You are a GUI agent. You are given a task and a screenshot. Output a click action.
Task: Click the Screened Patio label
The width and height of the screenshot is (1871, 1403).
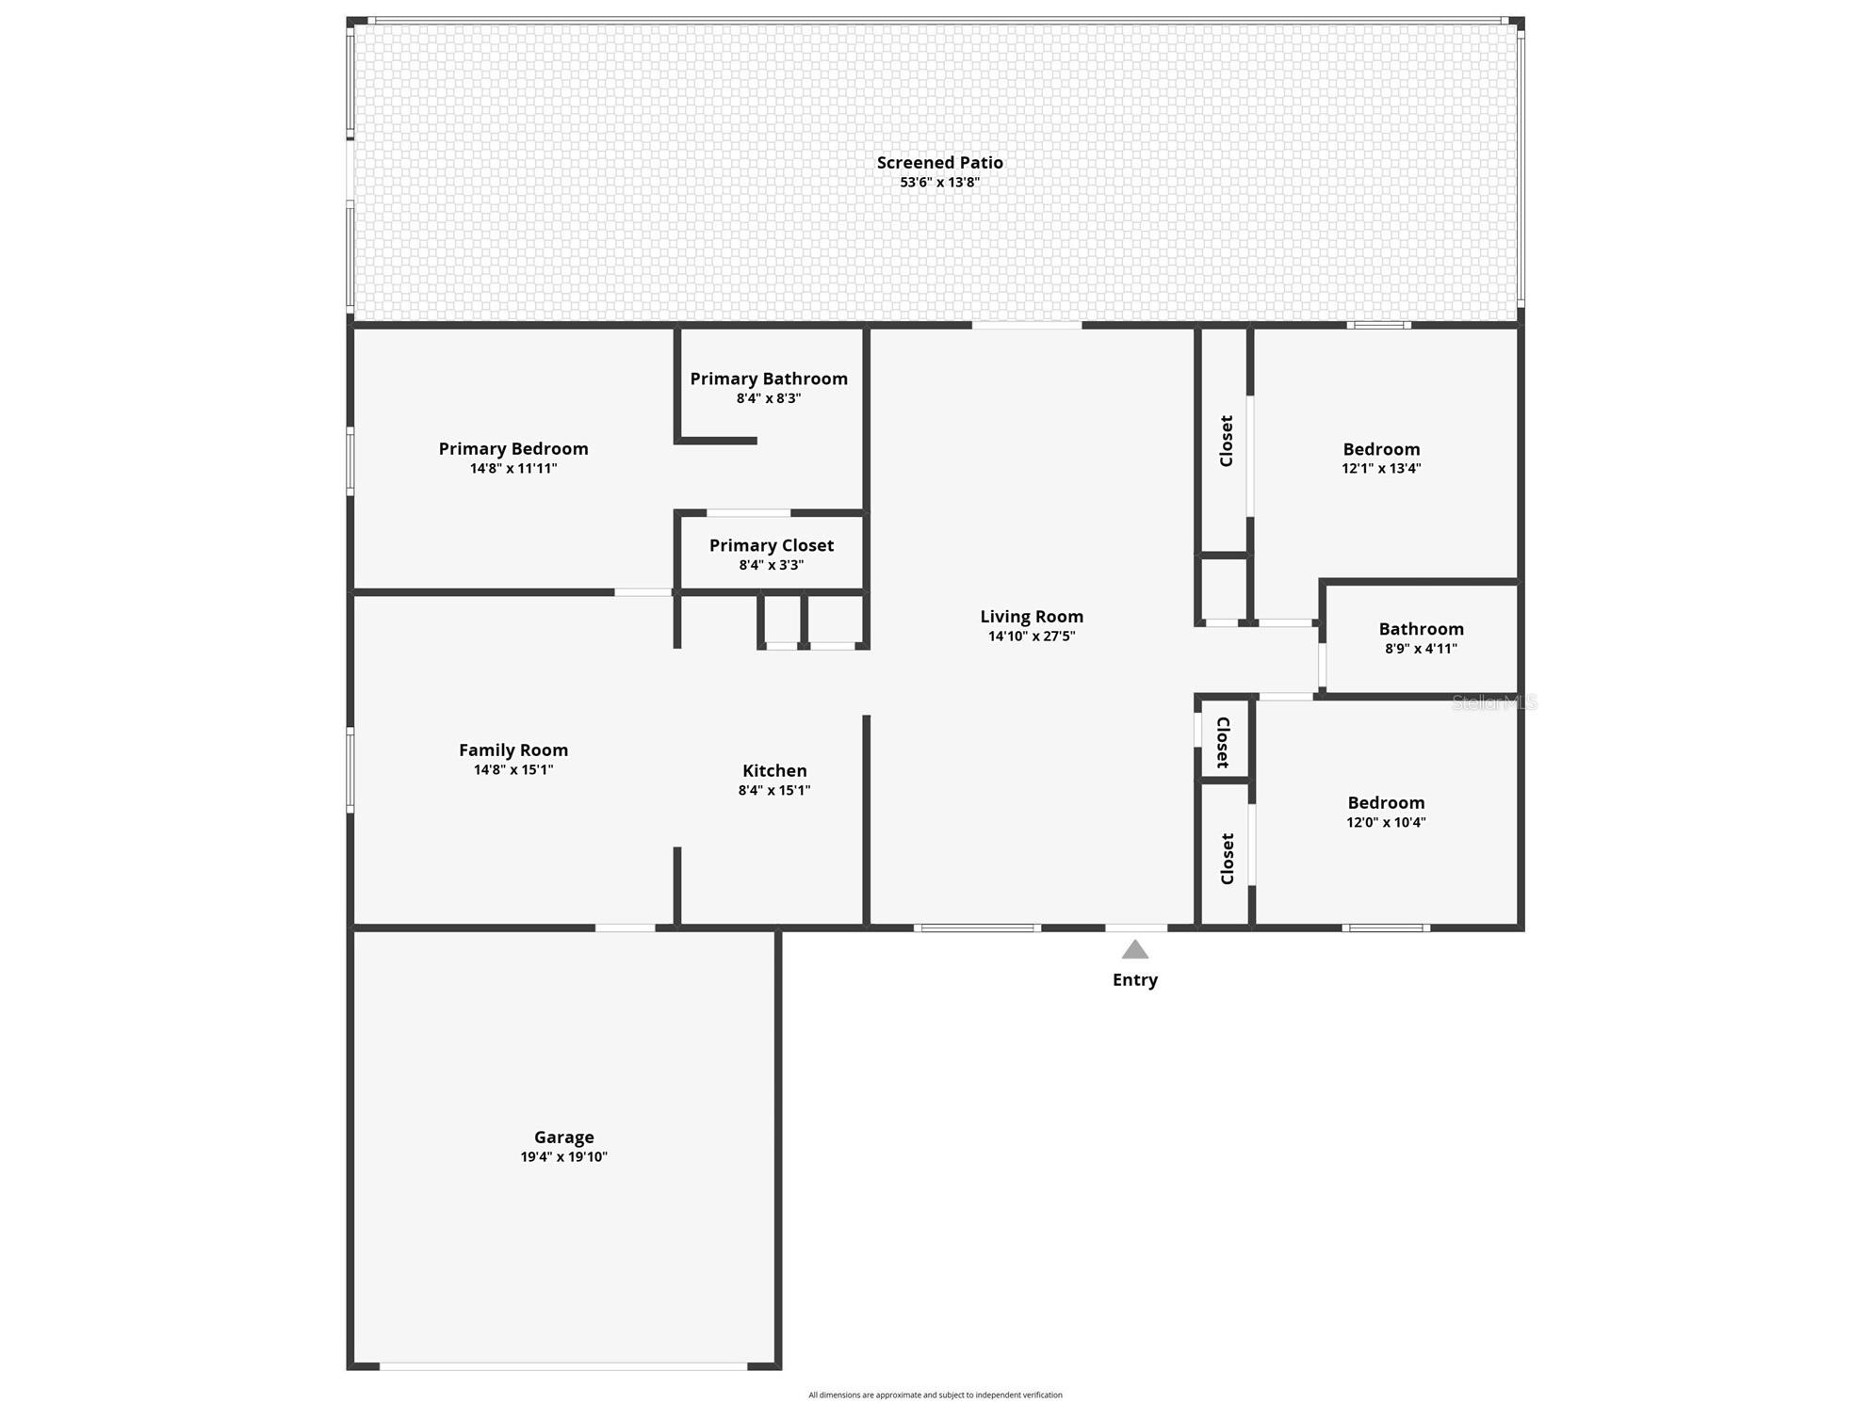tap(939, 163)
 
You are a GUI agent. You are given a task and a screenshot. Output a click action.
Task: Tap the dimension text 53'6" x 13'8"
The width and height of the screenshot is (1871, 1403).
tap(939, 183)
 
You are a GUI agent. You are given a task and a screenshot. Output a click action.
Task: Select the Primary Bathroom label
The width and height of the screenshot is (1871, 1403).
tap(769, 379)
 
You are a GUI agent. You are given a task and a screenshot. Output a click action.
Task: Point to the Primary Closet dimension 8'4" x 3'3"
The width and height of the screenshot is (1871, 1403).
tap(771, 565)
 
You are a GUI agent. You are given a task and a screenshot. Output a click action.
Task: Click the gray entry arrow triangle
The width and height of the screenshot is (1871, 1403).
tap(1134, 950)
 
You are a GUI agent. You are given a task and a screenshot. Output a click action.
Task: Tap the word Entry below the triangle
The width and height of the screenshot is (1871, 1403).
tap(1134, 980)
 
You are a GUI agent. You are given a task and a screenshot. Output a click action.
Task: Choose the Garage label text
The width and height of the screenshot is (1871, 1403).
tap(563, 1137)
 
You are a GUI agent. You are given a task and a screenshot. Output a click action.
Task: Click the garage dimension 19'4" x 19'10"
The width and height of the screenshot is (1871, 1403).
tap(563, 1157)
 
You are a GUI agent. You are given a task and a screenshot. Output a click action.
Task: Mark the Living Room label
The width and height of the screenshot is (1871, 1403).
tap(1032, 617)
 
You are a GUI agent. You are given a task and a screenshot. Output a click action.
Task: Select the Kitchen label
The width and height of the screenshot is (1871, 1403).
tap(774, 771)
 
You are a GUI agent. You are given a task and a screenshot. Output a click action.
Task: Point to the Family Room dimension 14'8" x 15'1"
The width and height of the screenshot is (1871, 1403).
tap(513, 770)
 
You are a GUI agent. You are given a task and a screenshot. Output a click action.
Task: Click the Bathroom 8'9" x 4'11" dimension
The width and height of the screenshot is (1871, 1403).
tap(1421, 649)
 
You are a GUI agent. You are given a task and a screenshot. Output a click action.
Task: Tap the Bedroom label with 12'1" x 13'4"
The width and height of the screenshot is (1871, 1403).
tap(1381, 449)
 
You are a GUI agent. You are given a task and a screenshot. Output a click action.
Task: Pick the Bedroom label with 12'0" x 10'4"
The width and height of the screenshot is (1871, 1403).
tap(1386, 803)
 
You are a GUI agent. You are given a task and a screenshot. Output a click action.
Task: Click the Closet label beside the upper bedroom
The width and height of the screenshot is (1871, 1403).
tap(1227, 441)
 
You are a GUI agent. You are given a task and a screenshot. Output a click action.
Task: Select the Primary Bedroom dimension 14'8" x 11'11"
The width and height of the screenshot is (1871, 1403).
tap(513, 469)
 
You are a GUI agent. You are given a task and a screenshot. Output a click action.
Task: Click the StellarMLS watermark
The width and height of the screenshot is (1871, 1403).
tap(1494, 702)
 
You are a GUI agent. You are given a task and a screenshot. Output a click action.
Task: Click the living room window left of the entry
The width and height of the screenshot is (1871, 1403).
tap(977, 928)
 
